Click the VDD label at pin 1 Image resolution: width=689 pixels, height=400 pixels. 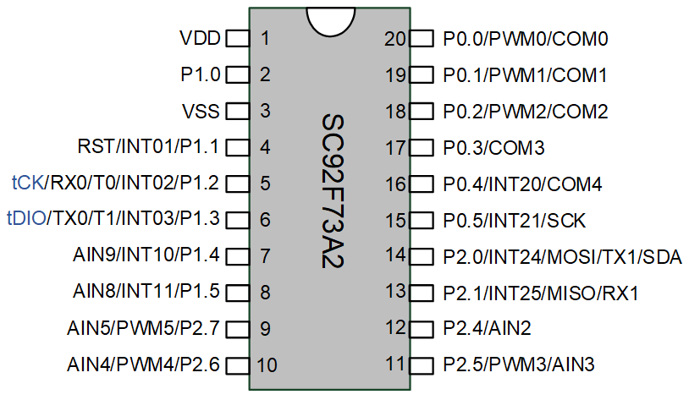click(x=200, y=38)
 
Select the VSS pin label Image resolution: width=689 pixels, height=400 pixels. click(x=201, y=111)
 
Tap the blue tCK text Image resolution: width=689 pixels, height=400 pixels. click(x=28, y=183)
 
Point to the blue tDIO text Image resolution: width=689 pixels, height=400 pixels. click(x=26, y=218)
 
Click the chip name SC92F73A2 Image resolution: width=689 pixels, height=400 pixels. click(x=333, y=191)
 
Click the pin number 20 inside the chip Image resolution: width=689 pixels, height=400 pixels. click(x=395, y=39)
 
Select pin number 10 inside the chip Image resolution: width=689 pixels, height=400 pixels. click(x=267, y=364)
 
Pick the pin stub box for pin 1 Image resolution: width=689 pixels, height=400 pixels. click(x=238, y=39)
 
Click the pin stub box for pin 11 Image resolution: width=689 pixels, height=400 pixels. click(x=422, y=365)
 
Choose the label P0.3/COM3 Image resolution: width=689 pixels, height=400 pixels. click(x=494, y=148)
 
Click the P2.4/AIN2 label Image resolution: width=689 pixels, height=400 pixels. click(x=488, y=328)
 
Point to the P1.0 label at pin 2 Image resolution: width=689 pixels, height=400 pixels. click(x=201, y=74)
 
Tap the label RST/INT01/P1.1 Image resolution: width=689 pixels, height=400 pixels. click(x=148, y=146)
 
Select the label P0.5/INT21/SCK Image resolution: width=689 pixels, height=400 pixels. click(x=515, y=221)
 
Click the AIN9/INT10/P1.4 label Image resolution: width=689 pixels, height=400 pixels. click(x=146, y=255)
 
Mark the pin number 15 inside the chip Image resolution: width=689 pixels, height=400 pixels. click(x=395, y=221)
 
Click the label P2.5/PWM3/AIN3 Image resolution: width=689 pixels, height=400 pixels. click(x=519, y=364)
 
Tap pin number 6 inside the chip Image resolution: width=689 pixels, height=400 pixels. click(x=265, y=220)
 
